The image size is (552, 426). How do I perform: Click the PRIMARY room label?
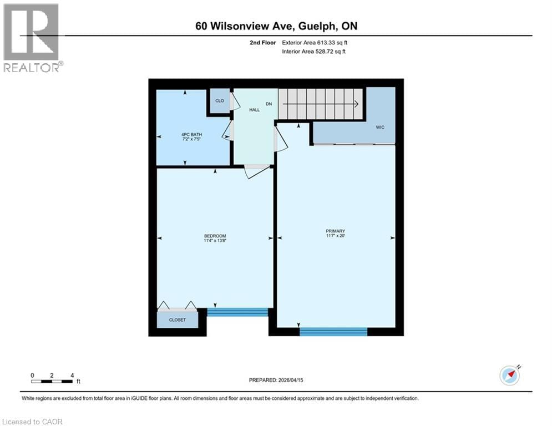pyautogui.click(x=336, y=231)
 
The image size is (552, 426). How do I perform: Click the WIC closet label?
pyautogui.click(x=380, y=128)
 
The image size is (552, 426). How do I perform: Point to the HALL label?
pyautogui.click(x=254, y=110)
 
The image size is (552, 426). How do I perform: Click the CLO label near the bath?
pyautogui.click(x=220, y=101)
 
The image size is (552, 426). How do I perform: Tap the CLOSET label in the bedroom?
pyautogui.click(x=178, y=320)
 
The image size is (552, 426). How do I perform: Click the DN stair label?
pyautogui.click(x=269, y=104)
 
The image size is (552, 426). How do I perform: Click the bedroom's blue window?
pyautogui.click(x=237, y=312)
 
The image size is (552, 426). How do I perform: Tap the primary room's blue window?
pyautogui.click(x=333, y=332)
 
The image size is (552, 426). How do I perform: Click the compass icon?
pyautogui.click(x=510, y=375)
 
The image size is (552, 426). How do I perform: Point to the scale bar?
pyautogui.click(x=52, y=381)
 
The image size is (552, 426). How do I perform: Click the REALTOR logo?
pyautogui.click(x=31, y=37)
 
